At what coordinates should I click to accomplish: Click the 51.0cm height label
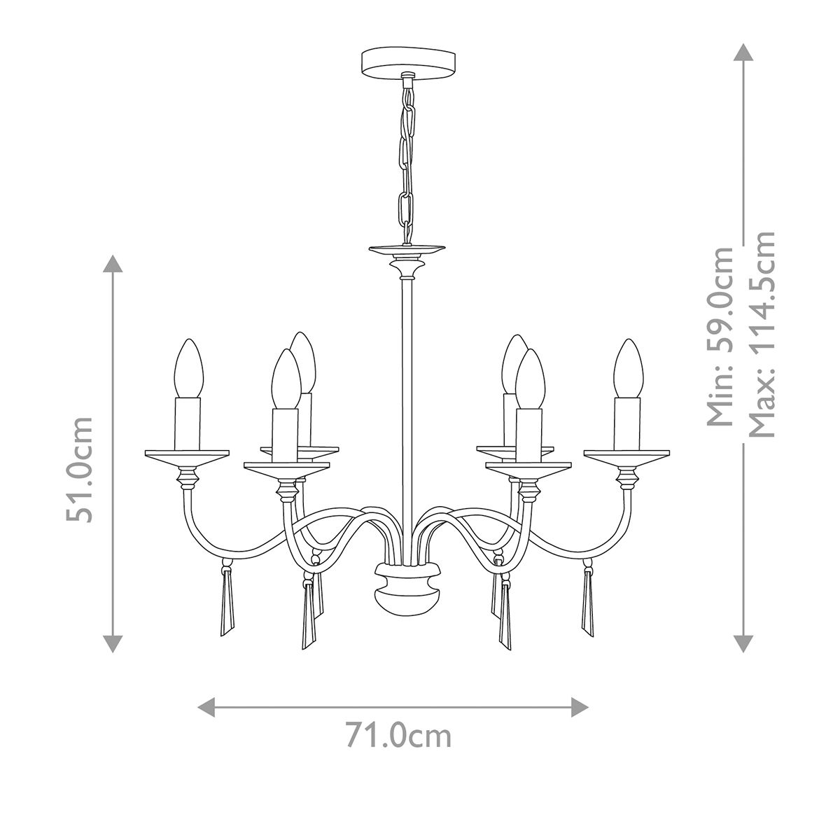(x=79, y=469)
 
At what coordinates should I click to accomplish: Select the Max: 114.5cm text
(x=762, y=334)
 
